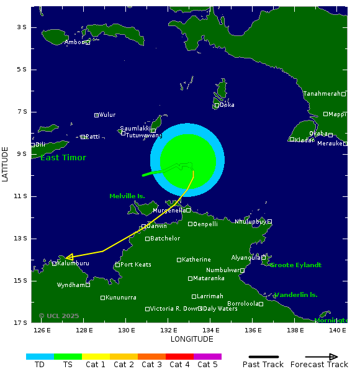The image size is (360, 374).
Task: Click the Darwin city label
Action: coord(156,226)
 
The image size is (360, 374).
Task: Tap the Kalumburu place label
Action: coord(73,263)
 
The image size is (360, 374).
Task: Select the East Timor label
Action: coord(63,158)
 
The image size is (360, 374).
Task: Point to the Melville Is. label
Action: coord(127,196)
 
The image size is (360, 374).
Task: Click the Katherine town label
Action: coord(196,260)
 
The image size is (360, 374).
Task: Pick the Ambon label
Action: coord(74,42)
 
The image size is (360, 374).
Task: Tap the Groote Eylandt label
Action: coord(295,265)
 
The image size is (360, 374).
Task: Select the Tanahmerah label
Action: coord(322,94)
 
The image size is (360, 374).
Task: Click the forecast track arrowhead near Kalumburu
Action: coord(70,256)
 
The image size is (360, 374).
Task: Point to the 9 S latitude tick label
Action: coord(22,154)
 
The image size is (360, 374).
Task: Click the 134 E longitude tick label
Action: coord(211,331)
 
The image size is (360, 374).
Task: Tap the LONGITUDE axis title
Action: coord(192,339)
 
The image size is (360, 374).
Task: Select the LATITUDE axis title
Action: coord(6,164)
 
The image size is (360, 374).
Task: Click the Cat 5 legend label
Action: coord(207,365)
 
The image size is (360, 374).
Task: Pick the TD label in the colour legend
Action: coord(40,365)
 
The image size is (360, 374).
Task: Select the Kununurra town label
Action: coord(120,298)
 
